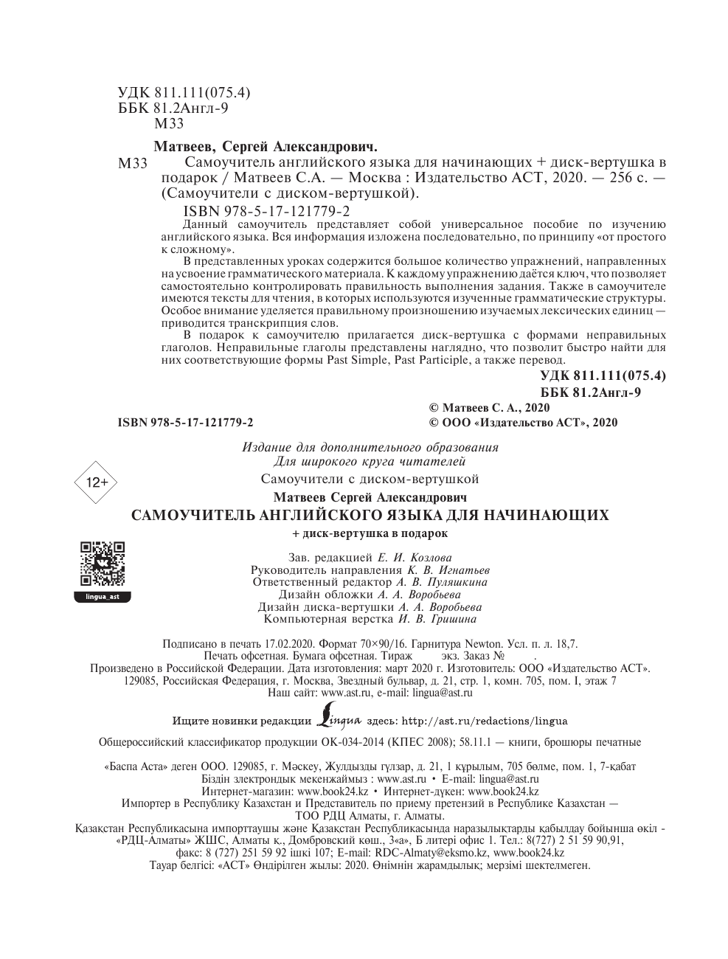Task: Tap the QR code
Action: (103, 564)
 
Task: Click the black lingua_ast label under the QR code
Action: (103, 596)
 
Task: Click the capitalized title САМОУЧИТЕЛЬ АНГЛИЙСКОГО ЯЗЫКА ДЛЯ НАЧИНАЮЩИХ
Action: (370, 515)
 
